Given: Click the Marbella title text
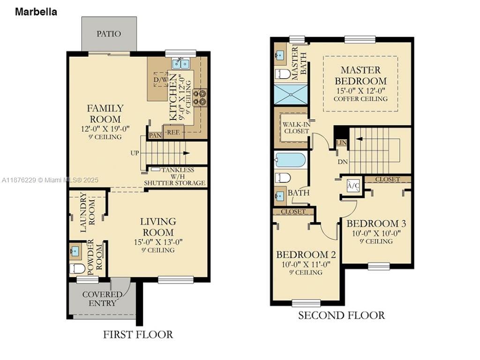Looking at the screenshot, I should click(36, 12).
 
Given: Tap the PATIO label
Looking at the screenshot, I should click(109, 34).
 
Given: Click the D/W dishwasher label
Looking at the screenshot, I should click(161, 80).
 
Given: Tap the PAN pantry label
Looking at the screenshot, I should click(155, 135).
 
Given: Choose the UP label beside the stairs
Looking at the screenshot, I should click(135, 153).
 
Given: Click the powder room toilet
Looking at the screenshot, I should click(76, 269).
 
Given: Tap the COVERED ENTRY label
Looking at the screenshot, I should click(102, 299).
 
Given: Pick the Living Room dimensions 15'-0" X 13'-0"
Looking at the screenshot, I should click(158, 242).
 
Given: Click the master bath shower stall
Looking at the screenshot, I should click(290, 94).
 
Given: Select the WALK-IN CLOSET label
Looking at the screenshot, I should click(296, 127).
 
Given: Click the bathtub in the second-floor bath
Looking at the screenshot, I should click(291, 160).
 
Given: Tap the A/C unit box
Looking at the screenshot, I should click(353, 186).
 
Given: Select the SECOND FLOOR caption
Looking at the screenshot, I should click(341, 315).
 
